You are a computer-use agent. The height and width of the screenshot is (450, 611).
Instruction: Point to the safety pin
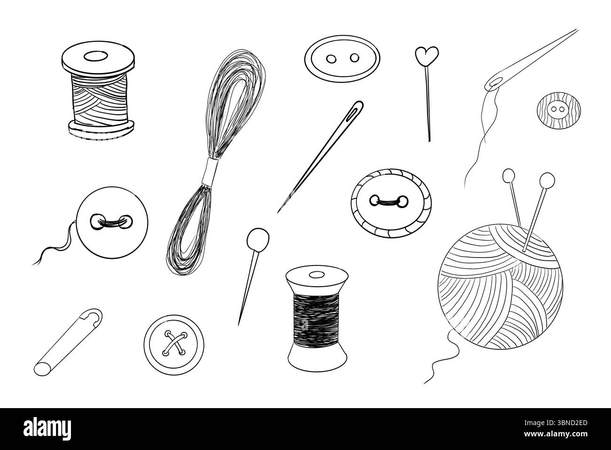point(69,342)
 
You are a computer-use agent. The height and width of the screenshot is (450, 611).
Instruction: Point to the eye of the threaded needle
point(494,83)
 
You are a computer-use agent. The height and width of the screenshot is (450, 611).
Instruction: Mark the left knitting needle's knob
point(508,175)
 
